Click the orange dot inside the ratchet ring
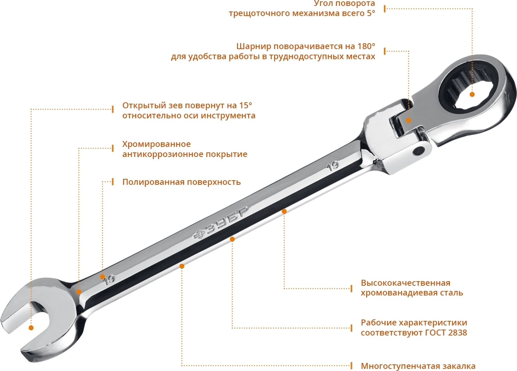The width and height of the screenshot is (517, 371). point(472,94)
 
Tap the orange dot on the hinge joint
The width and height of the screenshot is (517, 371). point(409,120)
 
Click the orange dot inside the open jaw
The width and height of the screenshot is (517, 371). point(31,328)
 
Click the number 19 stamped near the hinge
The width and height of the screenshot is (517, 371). point(333,166)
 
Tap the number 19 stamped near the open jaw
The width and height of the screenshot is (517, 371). point(109,280)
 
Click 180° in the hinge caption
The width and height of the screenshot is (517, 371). point(366,46)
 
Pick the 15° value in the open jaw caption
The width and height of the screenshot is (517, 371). point(245,105)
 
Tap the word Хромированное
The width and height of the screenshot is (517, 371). point(156,144)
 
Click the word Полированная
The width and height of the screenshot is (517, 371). point(153,182)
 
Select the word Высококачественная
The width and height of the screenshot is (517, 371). point(405,283)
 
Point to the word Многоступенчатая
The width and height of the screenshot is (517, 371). point(401,366)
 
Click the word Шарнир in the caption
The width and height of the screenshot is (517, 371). point(254,46)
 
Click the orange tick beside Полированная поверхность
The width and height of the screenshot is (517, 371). point(113,182)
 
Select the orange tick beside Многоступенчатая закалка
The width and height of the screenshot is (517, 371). point(351,366)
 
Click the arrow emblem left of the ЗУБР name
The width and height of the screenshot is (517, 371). point(199,235)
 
